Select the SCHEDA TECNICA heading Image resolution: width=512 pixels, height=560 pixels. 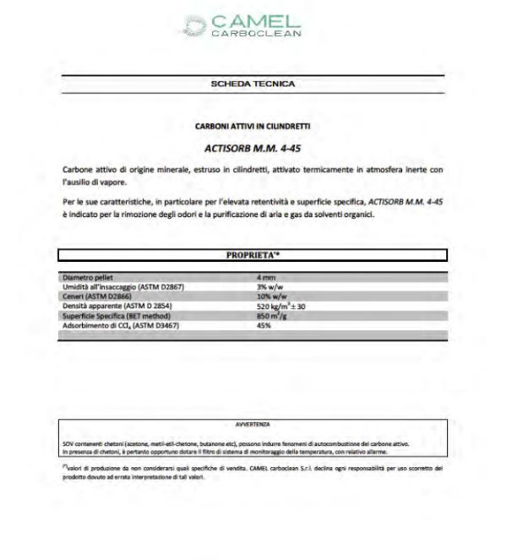point(253,84)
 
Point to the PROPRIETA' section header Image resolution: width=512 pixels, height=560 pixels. point(254,254)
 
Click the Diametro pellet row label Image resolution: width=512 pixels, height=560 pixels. point(91,277)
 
